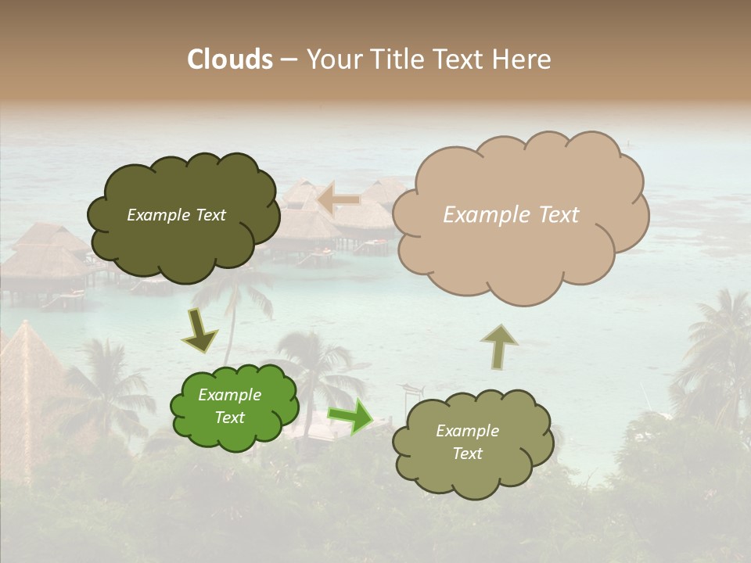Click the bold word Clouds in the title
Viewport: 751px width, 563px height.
tap(229, 59)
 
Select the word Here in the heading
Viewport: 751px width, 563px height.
tap(523, 59)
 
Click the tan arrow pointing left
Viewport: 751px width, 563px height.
tap(339, 200)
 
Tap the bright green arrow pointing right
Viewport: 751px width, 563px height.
tap(350, 415)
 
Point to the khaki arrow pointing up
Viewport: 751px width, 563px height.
tap(498, 346)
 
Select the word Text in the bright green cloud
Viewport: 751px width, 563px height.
tap(230, 418)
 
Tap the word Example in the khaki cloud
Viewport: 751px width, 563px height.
tap(467, 431)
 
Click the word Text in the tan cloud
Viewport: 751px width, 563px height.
tap(559, 215)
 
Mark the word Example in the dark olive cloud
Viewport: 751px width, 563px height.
tap(159, 215)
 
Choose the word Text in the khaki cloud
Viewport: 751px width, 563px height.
tap(467, 454)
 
